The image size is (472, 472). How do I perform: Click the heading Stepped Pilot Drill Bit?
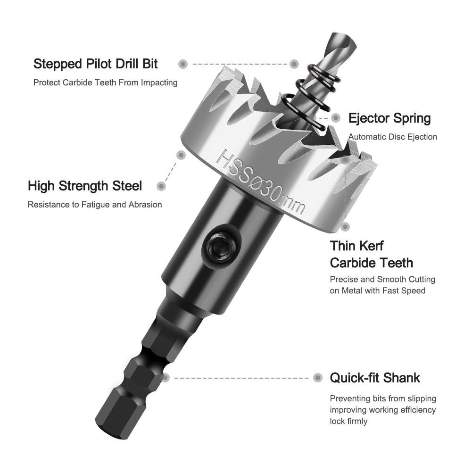pos(95,64)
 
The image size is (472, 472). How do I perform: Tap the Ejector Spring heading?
pos(389,118)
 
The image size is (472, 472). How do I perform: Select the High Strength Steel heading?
pos(85,186)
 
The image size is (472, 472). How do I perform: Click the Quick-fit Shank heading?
pos(375,378)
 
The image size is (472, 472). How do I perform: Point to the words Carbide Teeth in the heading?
pos(372,263)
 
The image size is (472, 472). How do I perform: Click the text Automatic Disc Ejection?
pos(393,137)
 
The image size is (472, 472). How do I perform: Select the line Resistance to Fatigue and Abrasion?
pos(95,205)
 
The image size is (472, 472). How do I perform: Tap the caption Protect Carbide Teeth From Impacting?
pos(105,83)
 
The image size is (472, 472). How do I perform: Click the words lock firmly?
pos(348,421)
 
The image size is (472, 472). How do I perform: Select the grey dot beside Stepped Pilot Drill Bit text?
pos(183,64)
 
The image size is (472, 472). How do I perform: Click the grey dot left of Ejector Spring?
pos(336,118)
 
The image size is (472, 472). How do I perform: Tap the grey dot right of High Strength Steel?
pos(161,186)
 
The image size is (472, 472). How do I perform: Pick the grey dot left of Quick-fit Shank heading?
pos(318,378)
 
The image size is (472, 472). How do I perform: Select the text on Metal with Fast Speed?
pos(378,291)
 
